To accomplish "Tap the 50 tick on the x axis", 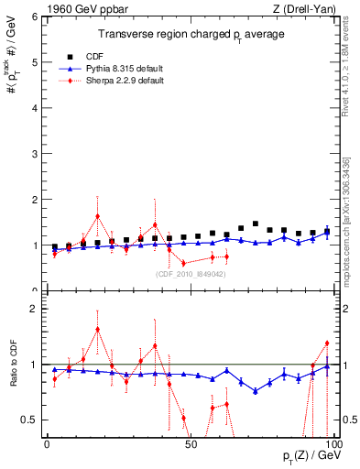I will click(x=191, y=444).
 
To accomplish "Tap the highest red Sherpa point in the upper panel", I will click(x=97, y=217).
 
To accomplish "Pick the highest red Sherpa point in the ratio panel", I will click(x=97, y=329).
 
